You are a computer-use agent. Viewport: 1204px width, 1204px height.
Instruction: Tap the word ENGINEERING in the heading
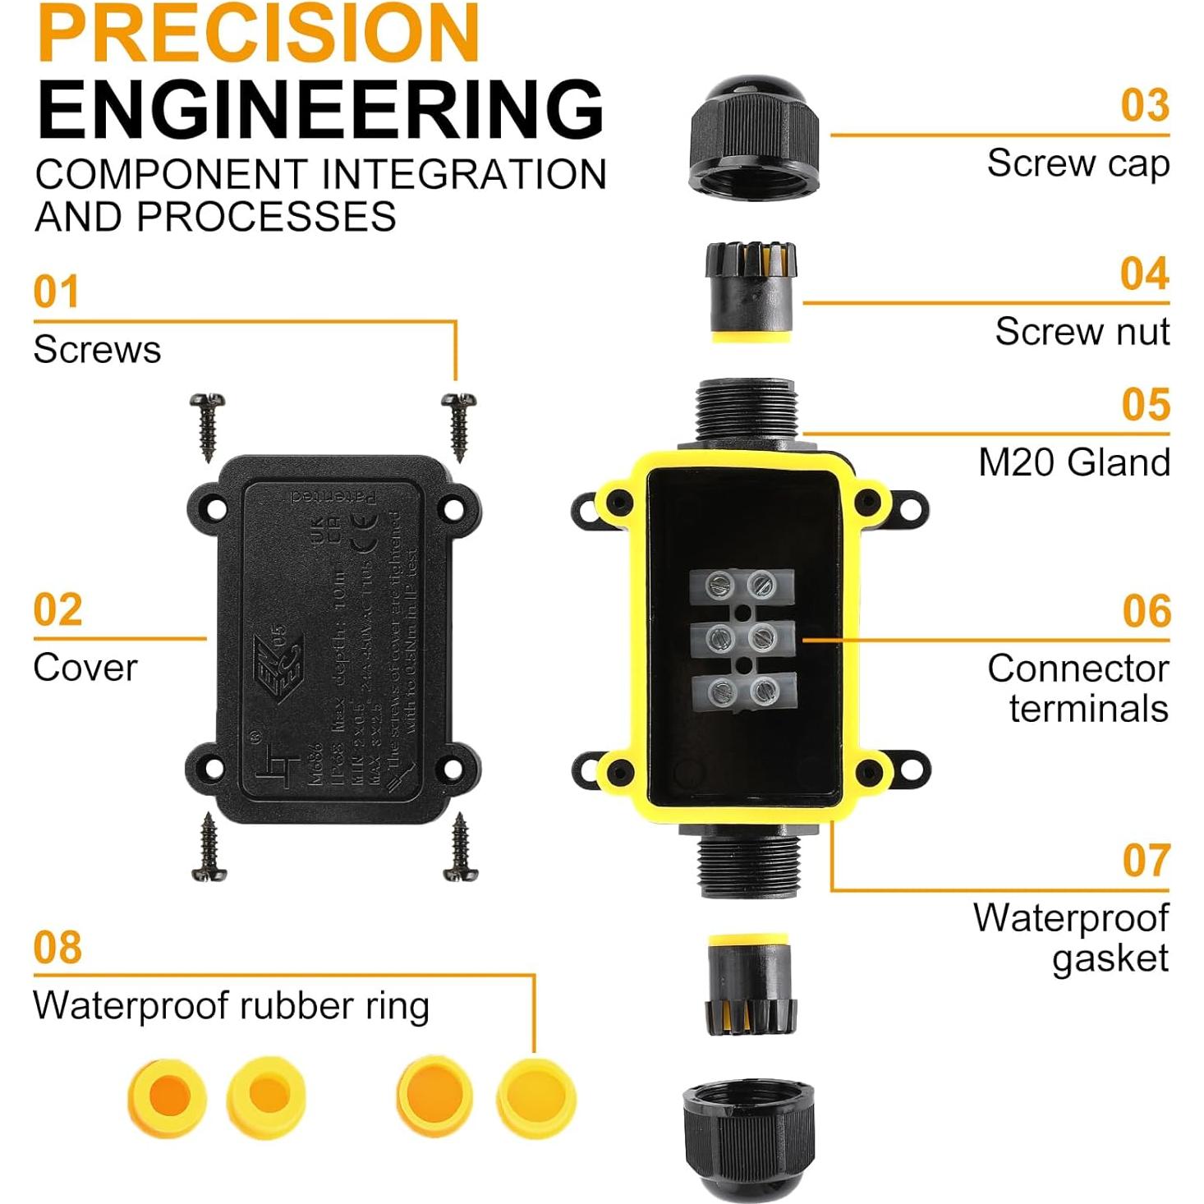point(320,109)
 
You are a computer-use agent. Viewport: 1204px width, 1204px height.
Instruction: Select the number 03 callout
point(1144,106)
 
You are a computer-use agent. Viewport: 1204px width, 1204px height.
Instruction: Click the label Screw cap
point(1078,163)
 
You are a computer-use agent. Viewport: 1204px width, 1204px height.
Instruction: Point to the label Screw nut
point(1082,332)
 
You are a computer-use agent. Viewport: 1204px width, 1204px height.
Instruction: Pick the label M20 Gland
point(1073,462)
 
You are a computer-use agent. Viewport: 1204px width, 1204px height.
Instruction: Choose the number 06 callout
point(1146,612)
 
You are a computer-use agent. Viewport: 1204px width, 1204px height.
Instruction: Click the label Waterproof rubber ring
point(231,1006)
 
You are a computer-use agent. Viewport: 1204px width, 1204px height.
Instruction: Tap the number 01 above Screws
point(56,292)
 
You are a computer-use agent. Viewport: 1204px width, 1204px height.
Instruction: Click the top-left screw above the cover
point(207,425)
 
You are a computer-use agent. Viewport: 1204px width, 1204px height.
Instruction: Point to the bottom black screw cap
point(748,1137)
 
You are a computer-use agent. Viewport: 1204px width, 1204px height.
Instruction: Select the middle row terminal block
point(742,636)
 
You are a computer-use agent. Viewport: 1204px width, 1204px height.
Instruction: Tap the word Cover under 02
point(85,668)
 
